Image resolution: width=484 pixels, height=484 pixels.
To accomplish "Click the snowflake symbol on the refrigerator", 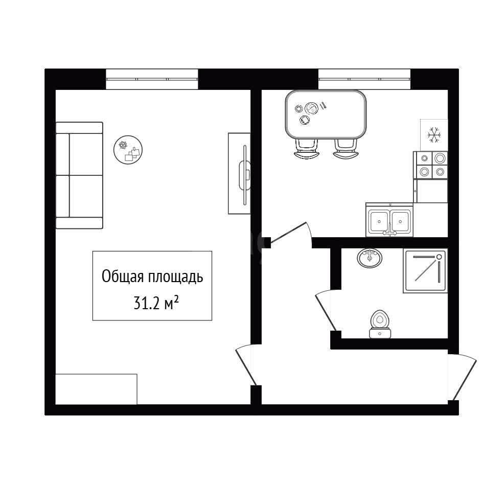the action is click(x=434, y=134).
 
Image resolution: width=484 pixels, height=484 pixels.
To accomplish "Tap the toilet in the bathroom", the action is click(x=380, y=324).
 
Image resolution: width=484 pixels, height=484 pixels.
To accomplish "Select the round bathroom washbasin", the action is click(x=370, y=258).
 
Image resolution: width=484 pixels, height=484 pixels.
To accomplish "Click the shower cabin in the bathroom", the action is click(x=425, y=270).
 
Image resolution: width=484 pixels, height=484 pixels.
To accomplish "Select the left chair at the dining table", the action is click(x=306, y=149).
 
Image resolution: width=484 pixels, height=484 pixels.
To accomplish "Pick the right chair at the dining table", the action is click(x=345, y=149).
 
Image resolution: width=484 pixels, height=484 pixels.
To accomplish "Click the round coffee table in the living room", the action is click(x=128, y=150).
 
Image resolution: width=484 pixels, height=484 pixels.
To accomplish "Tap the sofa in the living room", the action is click(x=79, y=175).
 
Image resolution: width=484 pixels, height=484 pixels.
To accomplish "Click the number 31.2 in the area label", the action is click(x=147, y=303).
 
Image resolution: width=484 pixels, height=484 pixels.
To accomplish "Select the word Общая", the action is click(x=123, y=276).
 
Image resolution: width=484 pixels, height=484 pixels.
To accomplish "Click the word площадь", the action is click(x=175, y=277).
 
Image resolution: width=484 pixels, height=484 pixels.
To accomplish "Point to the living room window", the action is click(x=152, y=79).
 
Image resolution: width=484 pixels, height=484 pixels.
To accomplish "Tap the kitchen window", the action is click(x=364, y=79).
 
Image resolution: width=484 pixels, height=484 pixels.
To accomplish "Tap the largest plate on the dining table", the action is click(x=311, y=108).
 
